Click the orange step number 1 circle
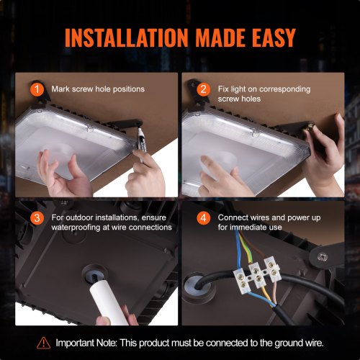tap(38, 89)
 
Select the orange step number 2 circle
tap(204, 89)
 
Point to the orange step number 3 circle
tap(38, 217)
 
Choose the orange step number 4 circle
tap(204, 217)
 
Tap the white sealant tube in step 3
tap(100, 295)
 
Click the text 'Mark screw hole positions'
tap(98, 89)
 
